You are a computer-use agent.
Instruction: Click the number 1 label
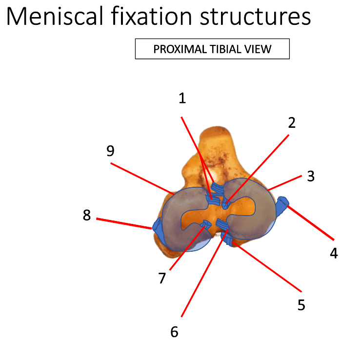(x=182, y=99)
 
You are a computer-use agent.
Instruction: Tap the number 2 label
(x=292, y=123)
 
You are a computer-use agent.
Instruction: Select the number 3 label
(x=311, y=176)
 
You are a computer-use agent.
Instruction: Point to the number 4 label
(x=334, y=253)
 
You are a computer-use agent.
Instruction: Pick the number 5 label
(x=301, y=305)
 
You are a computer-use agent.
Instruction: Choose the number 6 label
(x=175, y=332)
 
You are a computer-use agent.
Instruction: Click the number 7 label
(x=162, y=278)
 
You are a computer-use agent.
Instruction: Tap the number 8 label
(x=87, y=215)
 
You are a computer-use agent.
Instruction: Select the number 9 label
(x=110, y=151)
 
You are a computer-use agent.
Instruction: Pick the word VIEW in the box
(x=259, y=49)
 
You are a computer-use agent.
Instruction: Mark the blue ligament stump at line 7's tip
(x=206, y=224)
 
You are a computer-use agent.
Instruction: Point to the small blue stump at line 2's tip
(x=225, y=204)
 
